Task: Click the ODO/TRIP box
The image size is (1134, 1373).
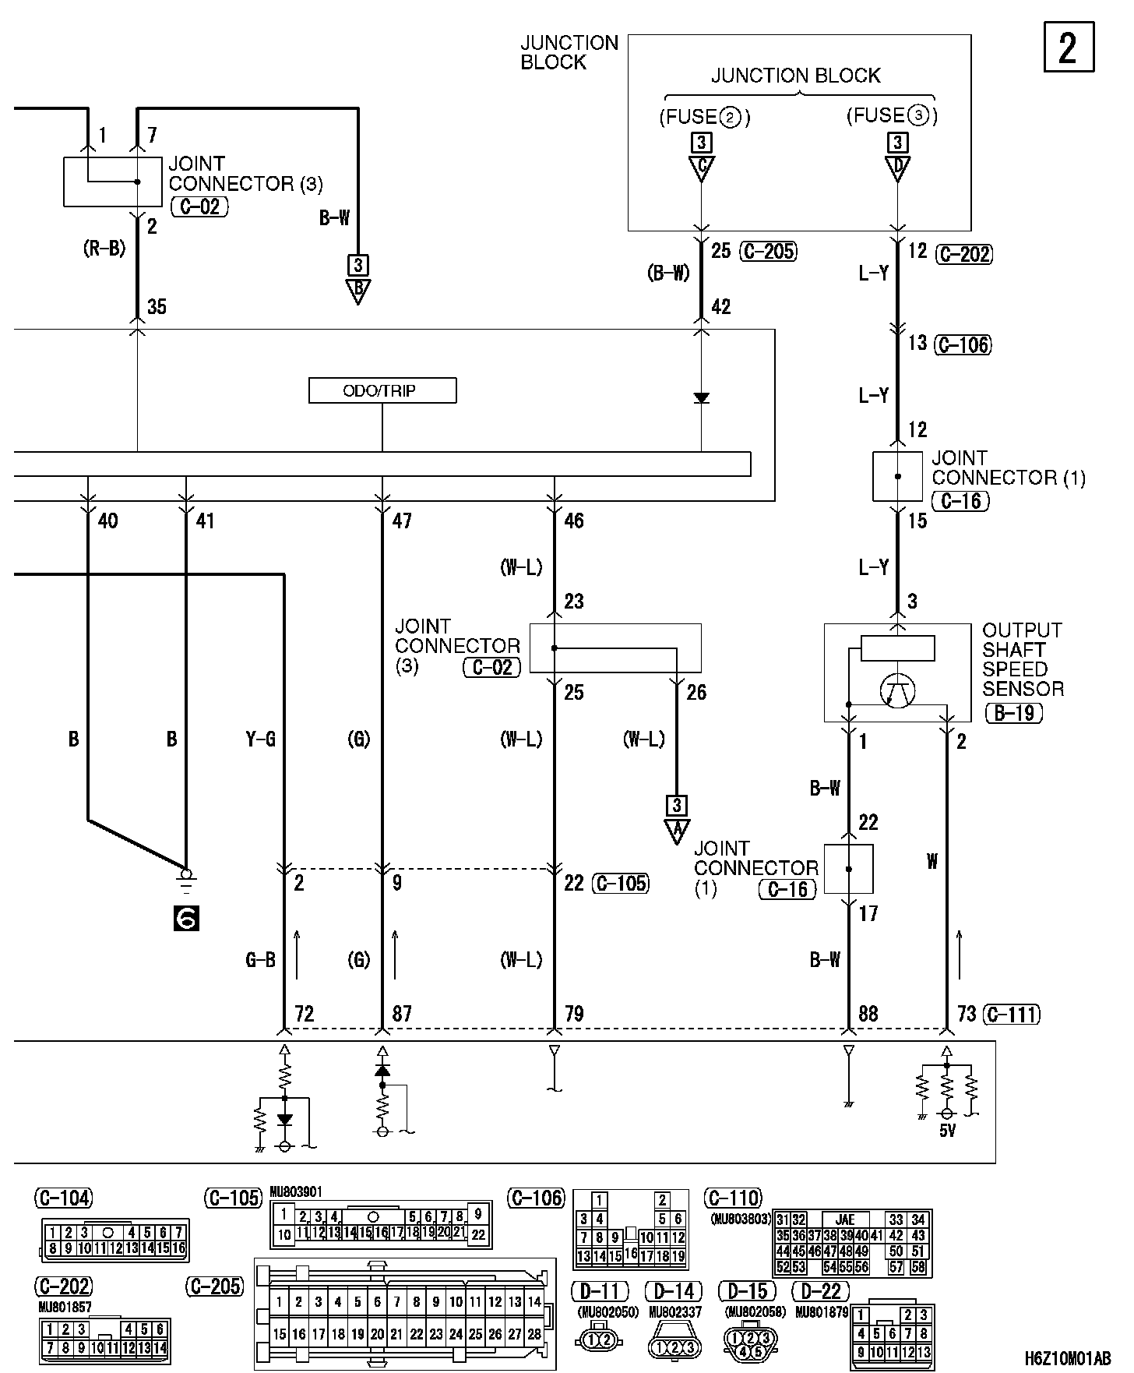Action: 382,390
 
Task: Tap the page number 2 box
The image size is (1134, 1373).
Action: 1069,48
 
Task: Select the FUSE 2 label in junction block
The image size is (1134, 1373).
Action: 705,118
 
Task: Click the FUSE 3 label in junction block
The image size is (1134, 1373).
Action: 893,116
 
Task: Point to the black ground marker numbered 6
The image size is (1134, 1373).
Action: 187,919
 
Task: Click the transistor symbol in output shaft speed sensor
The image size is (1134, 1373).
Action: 897,689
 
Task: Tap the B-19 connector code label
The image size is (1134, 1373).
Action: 1013,712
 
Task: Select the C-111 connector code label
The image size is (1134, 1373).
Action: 1012,1014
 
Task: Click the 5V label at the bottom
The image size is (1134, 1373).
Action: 947,1131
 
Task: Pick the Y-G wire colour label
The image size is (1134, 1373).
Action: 261,739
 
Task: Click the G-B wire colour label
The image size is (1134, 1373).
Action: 261,960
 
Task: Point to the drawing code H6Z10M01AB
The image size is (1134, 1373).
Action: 1068,1358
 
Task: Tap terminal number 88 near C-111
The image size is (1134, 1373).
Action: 868,1014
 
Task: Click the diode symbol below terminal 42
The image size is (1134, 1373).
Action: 702,398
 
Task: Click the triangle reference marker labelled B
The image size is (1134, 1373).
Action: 357,291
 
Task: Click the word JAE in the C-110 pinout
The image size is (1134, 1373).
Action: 844,1219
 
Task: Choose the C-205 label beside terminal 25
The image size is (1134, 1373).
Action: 768,251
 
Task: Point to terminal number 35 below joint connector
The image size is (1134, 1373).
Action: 157,307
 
